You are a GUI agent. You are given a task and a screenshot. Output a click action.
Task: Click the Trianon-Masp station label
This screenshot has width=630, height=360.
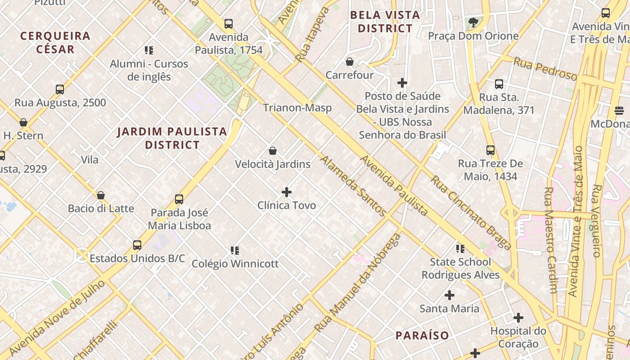coord(297,108)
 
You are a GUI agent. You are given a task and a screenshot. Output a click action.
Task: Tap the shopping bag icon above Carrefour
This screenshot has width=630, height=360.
coord(350,62)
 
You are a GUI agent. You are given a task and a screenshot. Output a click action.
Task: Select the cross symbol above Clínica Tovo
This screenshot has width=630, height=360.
coord(287,193)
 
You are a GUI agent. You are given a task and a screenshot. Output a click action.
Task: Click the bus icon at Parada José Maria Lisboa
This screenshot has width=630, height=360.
coord(179,199)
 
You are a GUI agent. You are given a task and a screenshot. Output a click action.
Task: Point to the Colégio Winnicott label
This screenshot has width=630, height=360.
coord(235,264)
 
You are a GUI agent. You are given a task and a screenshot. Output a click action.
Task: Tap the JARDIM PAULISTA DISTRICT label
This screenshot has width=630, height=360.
coord(172,138)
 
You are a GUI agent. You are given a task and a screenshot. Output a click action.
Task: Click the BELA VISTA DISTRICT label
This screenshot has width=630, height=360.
coord(385,22)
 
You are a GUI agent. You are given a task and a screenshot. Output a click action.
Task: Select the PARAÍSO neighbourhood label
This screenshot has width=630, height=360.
coord(422,335)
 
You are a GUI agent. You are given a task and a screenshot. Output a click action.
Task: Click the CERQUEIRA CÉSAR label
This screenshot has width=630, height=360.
coord(55,42)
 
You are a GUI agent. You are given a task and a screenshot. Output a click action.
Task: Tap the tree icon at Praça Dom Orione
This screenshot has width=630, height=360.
coord(473,22)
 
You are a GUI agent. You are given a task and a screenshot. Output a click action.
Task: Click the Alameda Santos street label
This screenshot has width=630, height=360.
coord(353,186)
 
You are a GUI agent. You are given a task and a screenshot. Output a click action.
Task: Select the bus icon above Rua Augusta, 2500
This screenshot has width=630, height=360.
coord(60,90)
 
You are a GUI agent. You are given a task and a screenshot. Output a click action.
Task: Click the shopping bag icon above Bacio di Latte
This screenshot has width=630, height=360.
coord(101,195)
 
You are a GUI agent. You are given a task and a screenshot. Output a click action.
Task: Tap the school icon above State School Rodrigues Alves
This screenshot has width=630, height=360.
coord(460,248)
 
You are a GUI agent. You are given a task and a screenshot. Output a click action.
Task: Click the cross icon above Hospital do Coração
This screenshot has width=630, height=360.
coord(518,318)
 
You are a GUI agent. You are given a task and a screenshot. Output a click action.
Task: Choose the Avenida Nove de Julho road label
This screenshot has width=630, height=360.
coord(57,317)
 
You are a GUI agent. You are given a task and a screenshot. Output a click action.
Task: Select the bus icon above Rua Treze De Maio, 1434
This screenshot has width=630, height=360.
coord(490,150)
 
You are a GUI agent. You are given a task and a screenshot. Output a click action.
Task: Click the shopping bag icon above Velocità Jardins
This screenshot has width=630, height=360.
coord(272,151)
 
